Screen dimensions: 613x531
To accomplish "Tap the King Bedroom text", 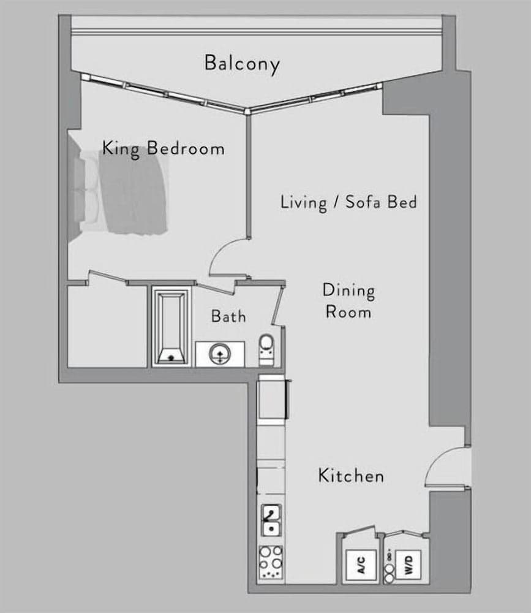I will point(163,148).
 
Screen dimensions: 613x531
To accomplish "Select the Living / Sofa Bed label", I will point(348,202).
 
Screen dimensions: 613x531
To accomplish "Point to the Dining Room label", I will point(348,300).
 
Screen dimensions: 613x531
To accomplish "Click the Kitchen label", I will point(351,475).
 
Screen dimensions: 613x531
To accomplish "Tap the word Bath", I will point(228,316).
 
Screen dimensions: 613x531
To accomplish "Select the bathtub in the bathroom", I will point(171,328).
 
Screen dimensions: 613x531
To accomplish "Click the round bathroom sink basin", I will point(219,354).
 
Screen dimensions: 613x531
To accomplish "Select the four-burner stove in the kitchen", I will point(271,561).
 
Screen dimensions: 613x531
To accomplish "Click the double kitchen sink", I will point(271,520).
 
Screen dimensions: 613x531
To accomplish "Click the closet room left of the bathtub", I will point(107,326).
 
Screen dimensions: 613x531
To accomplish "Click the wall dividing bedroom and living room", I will point(248,178).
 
